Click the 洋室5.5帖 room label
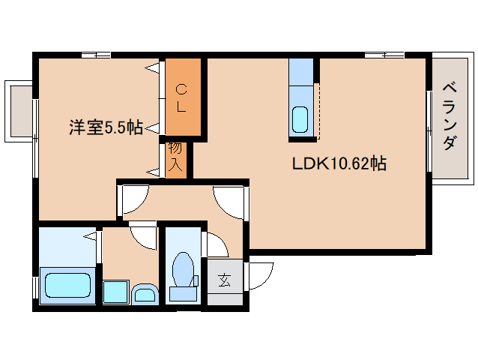point(106,127)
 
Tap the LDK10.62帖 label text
point(339,163)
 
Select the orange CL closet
point(182,98)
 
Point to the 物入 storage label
point(175,157)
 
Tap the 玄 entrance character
point(224,281)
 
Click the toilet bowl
point(182,270)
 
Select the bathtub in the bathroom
point(67,286)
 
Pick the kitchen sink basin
point(300,118)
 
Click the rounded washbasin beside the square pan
point(144,292)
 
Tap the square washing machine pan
point(115,291)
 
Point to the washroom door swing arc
point(142,234)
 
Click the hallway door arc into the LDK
point(229,201)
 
